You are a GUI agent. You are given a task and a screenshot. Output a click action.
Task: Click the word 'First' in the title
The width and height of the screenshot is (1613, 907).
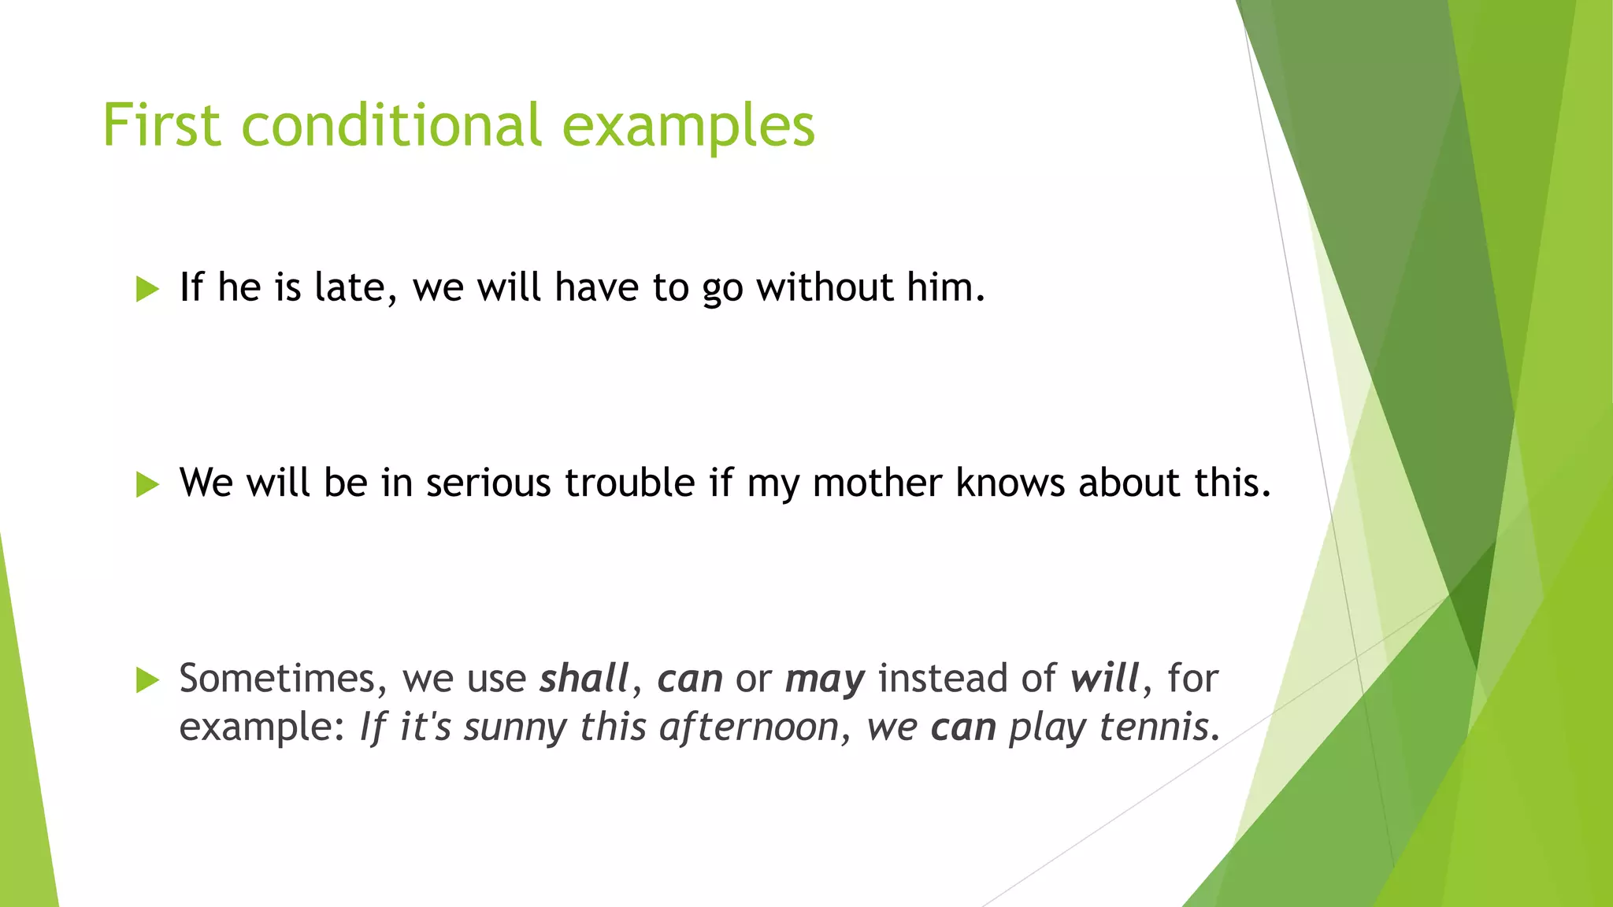tap(161, 126)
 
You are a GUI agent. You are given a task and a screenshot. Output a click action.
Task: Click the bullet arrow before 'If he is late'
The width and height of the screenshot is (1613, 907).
tap(147, 289)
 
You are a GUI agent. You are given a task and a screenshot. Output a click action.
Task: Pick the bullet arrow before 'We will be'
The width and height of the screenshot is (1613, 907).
tap(147, 484)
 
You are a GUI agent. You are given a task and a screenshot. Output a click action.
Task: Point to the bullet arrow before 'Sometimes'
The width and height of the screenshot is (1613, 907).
tap(147, 679)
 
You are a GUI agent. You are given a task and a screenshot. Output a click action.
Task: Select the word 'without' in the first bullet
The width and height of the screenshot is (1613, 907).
tap(824, 287)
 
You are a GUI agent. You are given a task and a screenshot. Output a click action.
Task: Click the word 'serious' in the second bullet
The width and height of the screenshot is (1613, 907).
tap(488, 483)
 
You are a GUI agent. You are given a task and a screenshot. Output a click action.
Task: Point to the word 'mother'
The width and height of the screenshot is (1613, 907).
tap(877, 483)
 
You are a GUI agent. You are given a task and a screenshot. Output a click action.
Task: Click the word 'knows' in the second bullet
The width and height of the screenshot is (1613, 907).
tap(1010, 483)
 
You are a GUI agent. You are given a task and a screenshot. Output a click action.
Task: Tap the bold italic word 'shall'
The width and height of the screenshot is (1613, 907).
tap(584, 679)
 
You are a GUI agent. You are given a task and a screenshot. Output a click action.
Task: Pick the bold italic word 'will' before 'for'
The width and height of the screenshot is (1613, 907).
tap(1105, 679)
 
